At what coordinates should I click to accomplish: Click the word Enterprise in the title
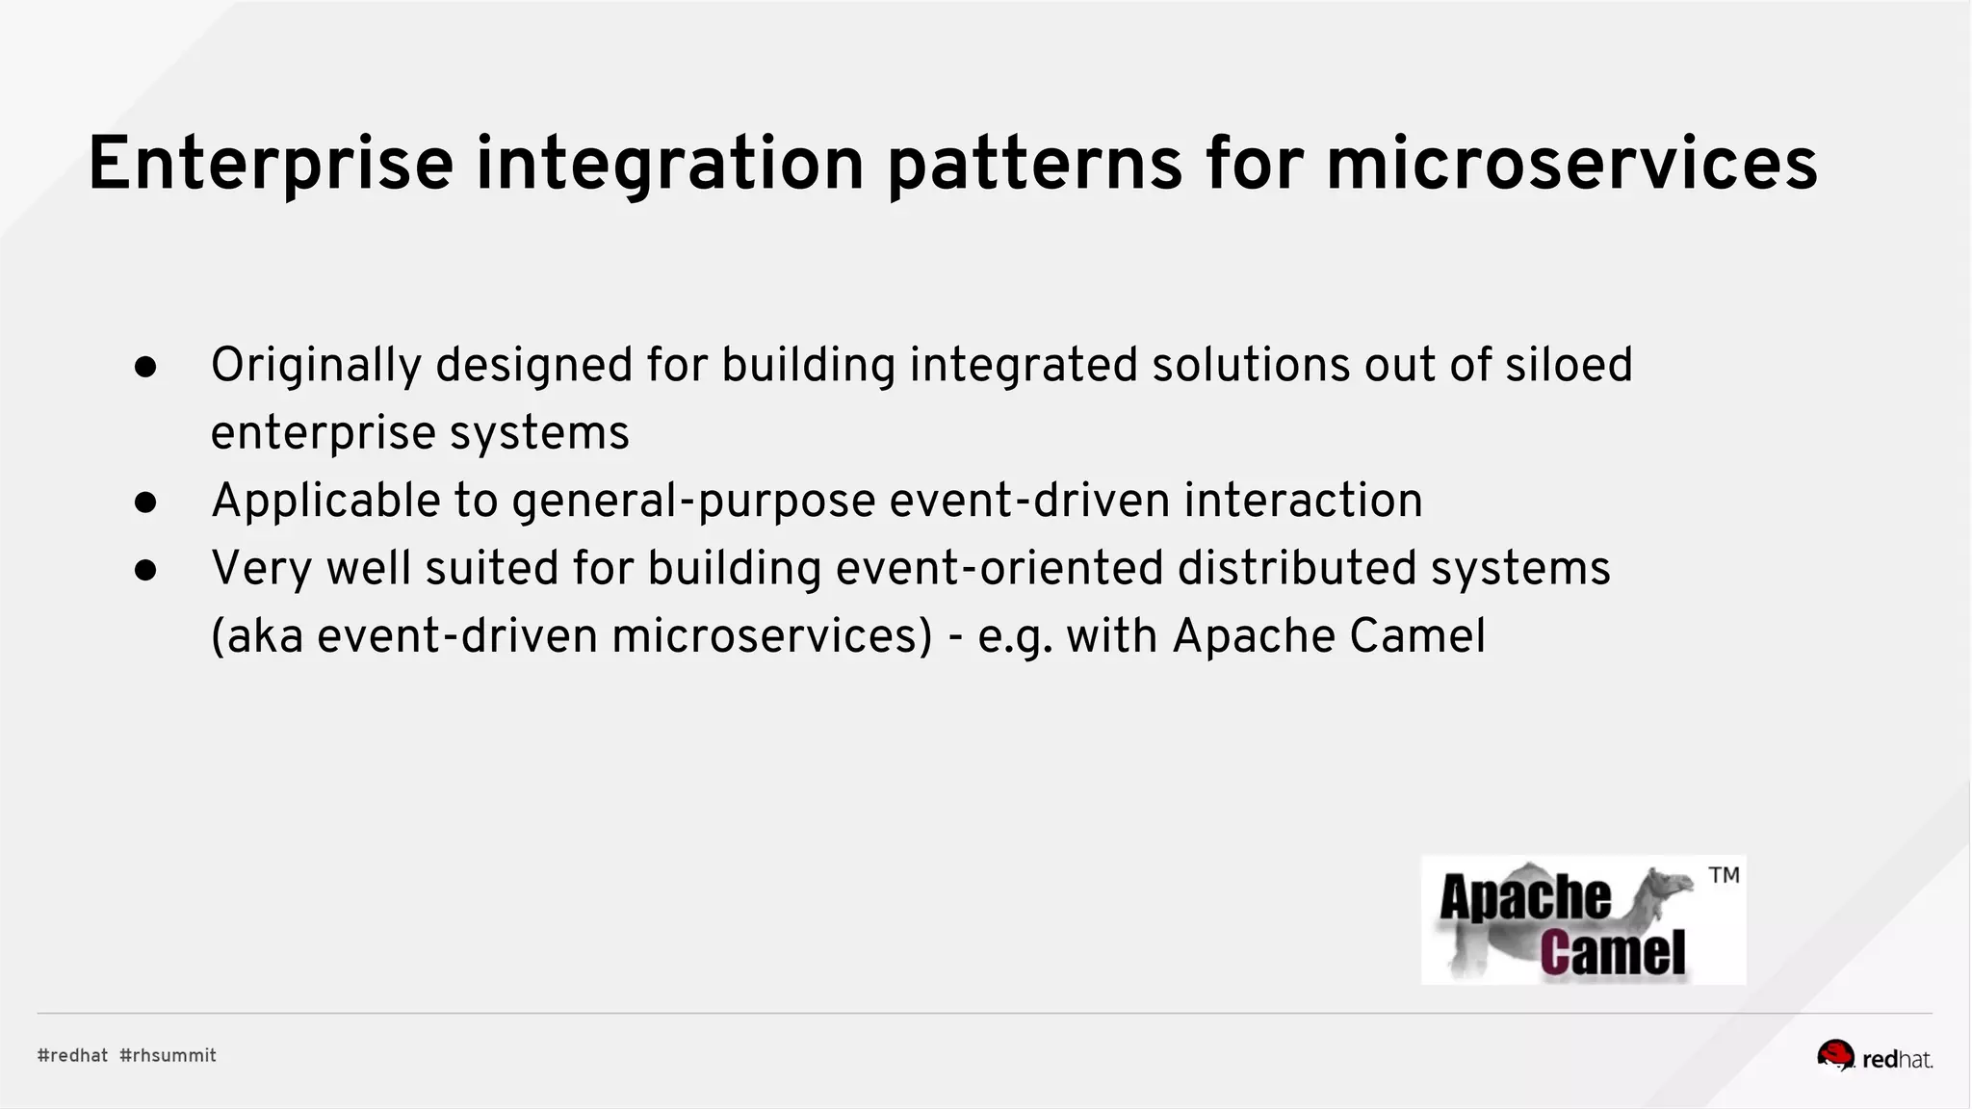pos(271,165)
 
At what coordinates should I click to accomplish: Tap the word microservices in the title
pos(1571,165)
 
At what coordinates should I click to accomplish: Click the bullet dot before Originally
pos(146,367)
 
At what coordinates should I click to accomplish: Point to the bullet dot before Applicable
pos(146,503)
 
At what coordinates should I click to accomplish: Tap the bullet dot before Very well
pos(146,570)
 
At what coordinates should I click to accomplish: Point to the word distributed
pos(1297,568)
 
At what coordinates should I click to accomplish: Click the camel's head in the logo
pos(1671,882)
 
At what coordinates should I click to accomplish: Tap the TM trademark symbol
pos(1724,875)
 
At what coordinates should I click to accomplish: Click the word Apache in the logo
pos(1524,897)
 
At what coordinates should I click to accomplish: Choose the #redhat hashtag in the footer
pos(72,1056)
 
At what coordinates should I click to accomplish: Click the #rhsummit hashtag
pos(168,1056)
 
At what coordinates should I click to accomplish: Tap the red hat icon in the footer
pos(1835,1055)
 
